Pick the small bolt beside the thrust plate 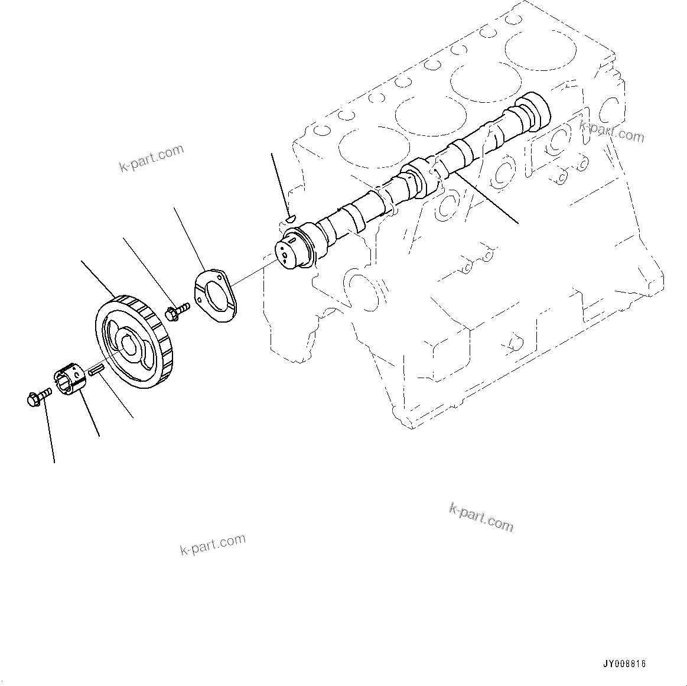[x=177, y=311]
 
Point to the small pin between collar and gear [x=96, y=371]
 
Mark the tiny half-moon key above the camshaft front [x=289, y=219]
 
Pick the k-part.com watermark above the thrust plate [x=152, y=159]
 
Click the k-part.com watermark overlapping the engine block [x=611, y=132]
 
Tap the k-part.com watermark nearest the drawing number [x=481, y=517]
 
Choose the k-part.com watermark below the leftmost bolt [x=212, y=545]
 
